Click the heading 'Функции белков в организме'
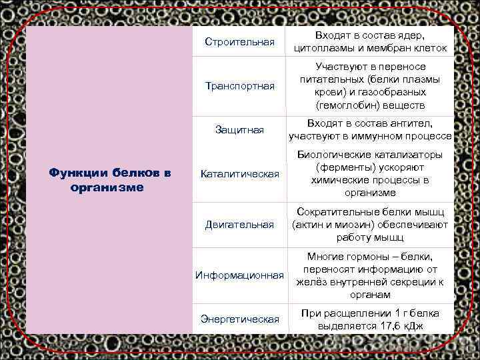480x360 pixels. click(x=110, y=180)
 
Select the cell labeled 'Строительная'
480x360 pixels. click(x=239, y=43)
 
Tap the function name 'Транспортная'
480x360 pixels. click(x=239, y=86)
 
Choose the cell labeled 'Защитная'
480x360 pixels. click(x=239, y=130)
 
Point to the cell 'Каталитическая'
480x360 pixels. click(x=239, y=174)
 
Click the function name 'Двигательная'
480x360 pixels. click(x=239, y=225)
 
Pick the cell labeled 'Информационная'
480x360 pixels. click(x=239, y=275)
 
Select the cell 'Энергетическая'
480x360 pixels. click(x=239, y=319)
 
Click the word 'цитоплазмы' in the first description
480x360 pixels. click(x=321, y=49)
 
